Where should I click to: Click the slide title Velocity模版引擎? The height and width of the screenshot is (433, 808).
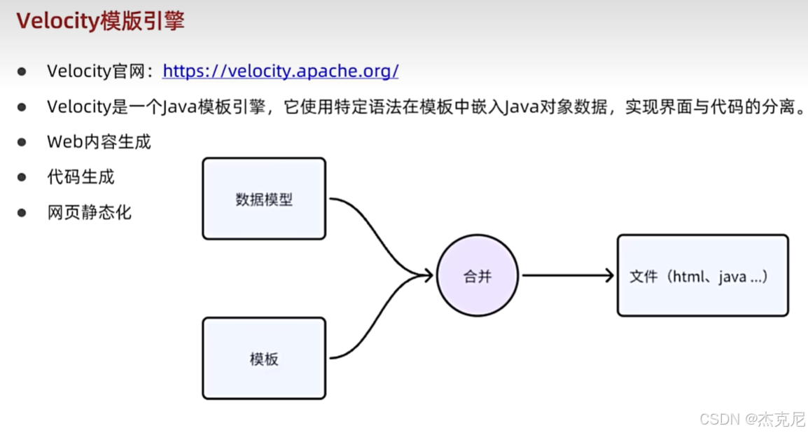tap(100, 21)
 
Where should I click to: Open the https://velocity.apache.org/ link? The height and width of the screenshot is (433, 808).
tap(280, 71)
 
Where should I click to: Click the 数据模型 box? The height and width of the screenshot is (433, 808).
tap(264, 199)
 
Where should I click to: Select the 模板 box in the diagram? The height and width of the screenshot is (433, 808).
tap(264, 359)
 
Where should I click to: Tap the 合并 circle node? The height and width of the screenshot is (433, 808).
tap(478, 276)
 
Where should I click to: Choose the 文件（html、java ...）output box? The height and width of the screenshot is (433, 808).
tap(702, 276)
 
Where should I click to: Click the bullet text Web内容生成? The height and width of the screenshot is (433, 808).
tap(99, 142)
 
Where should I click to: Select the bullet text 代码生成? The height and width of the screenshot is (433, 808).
tap(81, 177)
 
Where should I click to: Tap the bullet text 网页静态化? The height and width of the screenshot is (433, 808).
tap(90, 212)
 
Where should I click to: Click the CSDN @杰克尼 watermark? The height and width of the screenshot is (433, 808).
tap(752, 419)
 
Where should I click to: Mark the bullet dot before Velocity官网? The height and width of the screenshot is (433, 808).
tap(22, 71)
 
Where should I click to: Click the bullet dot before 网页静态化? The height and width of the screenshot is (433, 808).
tap(22, 212)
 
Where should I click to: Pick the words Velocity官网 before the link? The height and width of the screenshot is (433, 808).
tap(99, 71)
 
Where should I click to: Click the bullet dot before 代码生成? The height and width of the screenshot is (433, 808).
tap(22, 177)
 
